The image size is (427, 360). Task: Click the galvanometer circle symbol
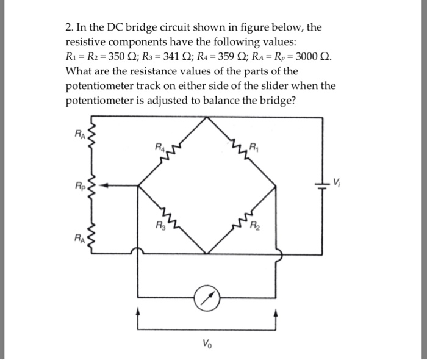tap(208, 299)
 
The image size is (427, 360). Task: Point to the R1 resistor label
tap(254, 146)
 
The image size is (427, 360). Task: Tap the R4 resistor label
tap(160, 146)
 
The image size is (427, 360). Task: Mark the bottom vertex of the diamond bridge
tap(208, 251)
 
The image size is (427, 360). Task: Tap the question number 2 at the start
tap(68, 27)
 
